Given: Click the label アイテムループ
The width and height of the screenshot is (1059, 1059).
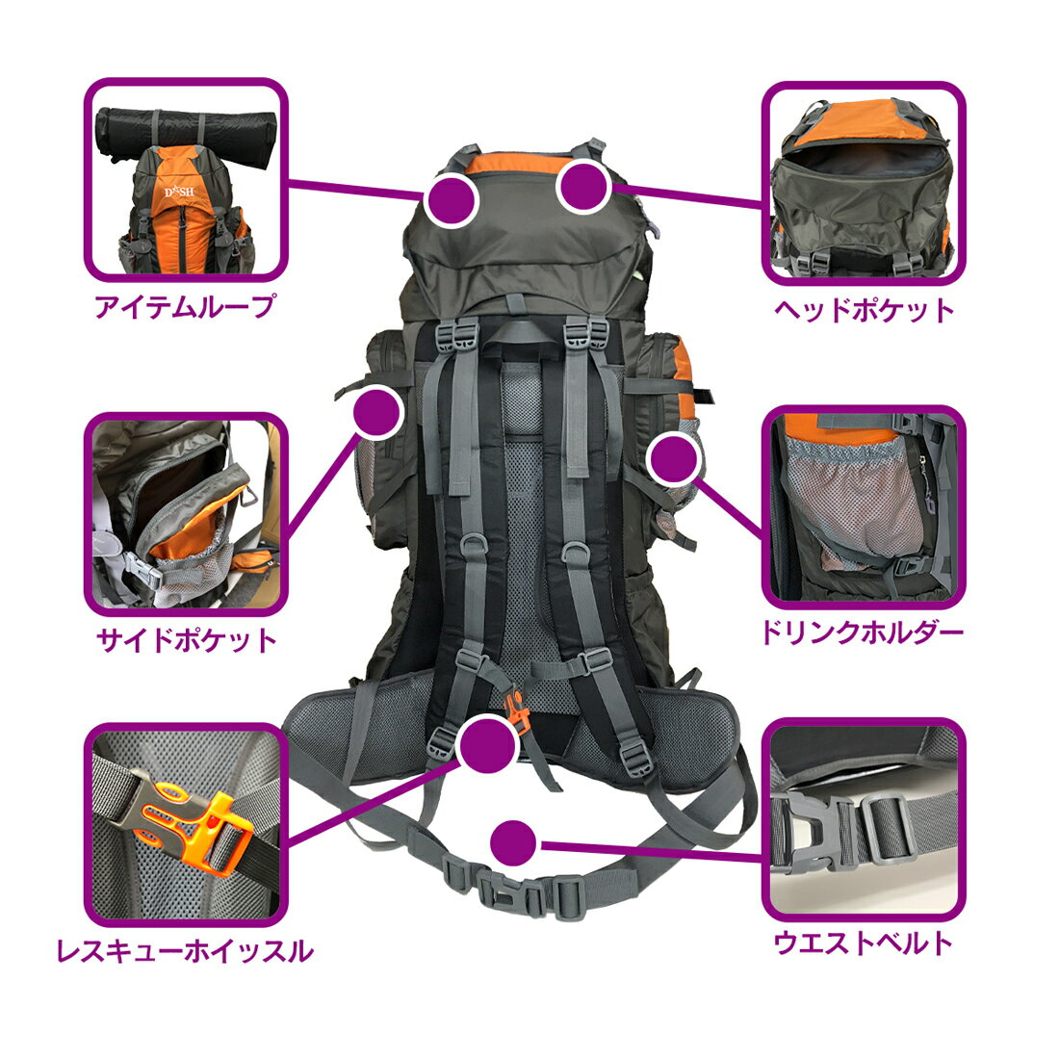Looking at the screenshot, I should (x=185, y=307).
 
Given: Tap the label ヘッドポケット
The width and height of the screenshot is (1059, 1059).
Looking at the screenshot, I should (x=865, y=310).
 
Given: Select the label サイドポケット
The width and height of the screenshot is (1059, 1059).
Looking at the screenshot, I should (x=187, y=640).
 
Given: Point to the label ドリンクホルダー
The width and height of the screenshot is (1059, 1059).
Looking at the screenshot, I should (x=862, y=633).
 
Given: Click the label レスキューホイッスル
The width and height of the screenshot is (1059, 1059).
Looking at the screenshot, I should (x=185, y=951).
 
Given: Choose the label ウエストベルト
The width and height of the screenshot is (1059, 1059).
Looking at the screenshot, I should (x=864, y=942).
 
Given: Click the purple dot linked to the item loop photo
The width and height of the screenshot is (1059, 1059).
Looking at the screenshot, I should (x=452, y=199).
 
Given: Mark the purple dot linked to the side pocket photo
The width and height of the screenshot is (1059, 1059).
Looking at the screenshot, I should (x=376, y=413).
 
